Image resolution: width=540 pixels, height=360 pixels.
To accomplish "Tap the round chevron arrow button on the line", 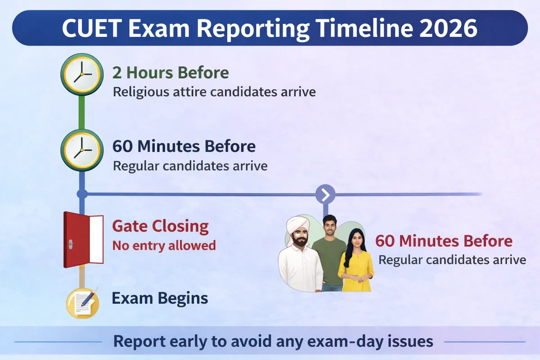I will (x=325, y=194).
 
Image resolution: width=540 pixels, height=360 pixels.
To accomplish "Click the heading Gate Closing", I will (x=160, y=226).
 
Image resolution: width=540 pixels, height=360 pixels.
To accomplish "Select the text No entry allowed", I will (x=164, y=246).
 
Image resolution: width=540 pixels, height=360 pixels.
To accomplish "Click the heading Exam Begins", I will (x=160, y=298).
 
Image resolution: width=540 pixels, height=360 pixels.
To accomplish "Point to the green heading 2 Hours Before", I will (x=171, y=73).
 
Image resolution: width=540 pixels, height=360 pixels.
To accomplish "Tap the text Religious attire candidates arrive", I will (x=214, y=92).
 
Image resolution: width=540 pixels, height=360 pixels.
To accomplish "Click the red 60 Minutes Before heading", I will (x=444, y=241).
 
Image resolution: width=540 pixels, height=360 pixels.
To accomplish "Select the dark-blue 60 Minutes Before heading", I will (x=184, y=147).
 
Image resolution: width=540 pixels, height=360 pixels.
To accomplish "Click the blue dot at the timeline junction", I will (x=82, y=194).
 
